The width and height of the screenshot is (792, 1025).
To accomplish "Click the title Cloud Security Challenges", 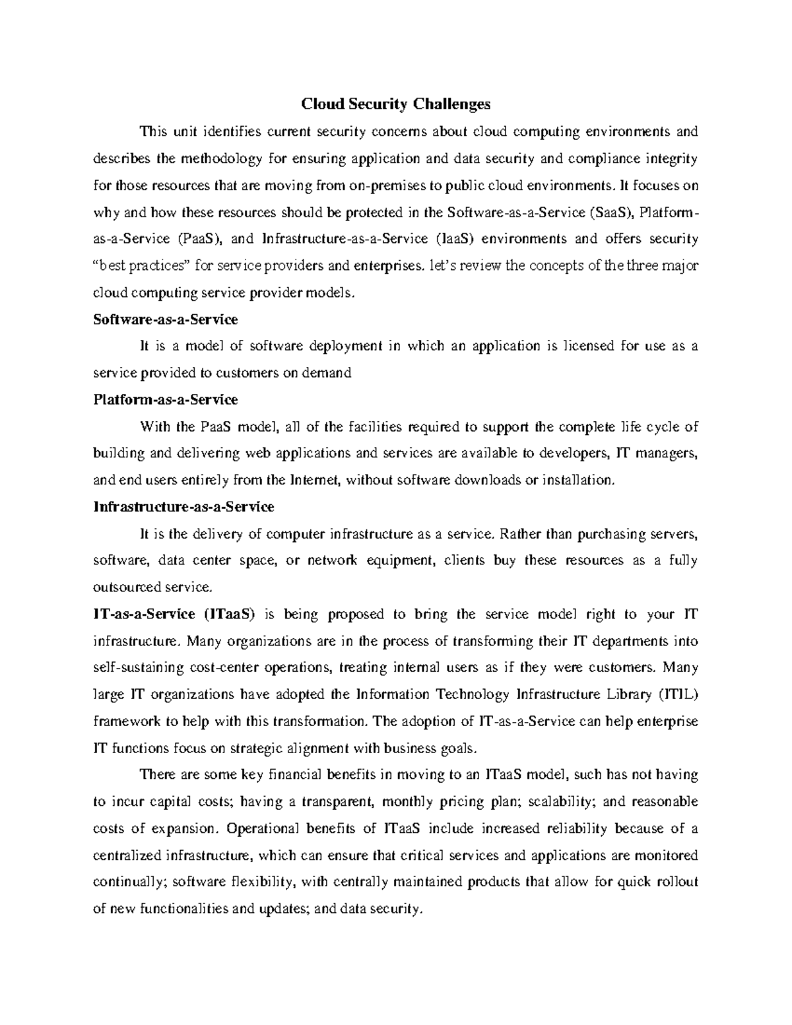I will pos(396,104).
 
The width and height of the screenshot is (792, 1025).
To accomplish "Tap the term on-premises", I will pos(388,185).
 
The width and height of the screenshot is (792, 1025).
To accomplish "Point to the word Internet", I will pos(315,480).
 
